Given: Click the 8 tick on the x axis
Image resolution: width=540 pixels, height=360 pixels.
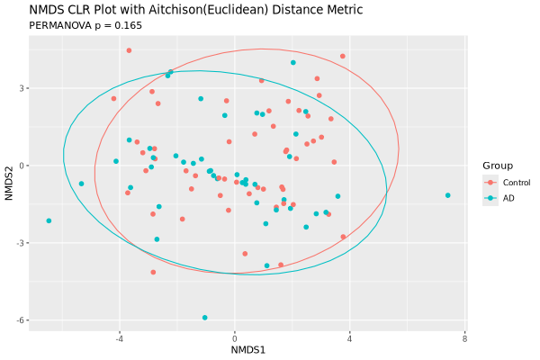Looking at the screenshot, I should pos(464,338).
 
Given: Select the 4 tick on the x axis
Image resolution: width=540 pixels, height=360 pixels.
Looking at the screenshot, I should pos(349,338).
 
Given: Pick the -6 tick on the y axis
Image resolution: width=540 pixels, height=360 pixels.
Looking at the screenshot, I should pos(18,320).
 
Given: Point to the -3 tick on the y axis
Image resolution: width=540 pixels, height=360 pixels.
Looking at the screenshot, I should pos(18,243).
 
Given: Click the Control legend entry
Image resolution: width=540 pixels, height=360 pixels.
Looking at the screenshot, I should pos(516,183).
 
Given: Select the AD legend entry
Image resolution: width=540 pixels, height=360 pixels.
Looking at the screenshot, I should pos(508,198).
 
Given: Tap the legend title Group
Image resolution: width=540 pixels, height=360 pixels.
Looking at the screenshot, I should pos(498,166).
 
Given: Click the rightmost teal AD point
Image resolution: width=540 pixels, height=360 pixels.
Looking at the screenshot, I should pos(447,195).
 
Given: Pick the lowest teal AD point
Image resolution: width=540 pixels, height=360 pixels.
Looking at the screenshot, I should pos(205,318).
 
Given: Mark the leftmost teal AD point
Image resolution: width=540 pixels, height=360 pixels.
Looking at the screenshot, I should pos(49,220).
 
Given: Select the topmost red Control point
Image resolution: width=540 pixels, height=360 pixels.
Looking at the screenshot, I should pos(129,50).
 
